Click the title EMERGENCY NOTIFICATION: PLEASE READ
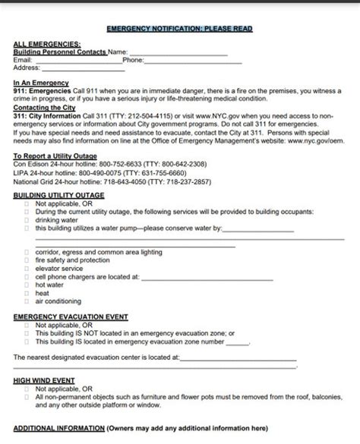(x=180, y=28)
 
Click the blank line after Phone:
(x=193, y=59)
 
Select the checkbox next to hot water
(x=27, y=285)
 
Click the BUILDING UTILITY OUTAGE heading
(x=59, y=195)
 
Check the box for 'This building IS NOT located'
(x=27, y=332)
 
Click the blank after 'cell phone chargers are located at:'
(x=205, y=276)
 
